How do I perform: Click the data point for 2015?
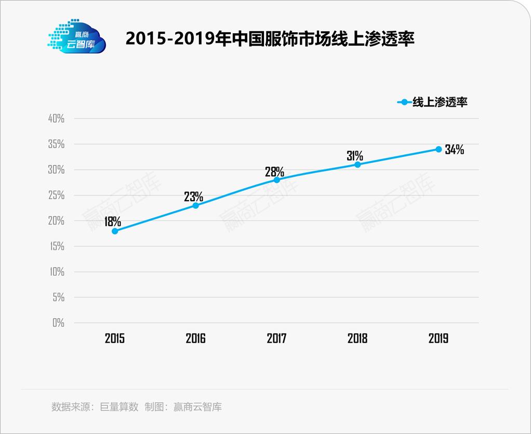[x=115, y=231]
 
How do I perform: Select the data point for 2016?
[x=195, y=205]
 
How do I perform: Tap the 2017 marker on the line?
[x=276, y=180]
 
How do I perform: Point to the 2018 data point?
[x=357, y=164]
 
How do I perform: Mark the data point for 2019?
[x=439, y=149]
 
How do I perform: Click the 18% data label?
[x=112, y=221]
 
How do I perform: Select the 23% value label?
[x=193, y=196]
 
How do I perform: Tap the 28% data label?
[x=274, y=171]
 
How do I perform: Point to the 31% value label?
[x=355, y=155]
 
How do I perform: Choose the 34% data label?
[x=454, y=150]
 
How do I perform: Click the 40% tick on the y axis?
[x=56, y=119]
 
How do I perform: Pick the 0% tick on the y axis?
[x=58, y=323]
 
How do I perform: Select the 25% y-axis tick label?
[x=56, y=195]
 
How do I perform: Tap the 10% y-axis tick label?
[x=56, y=272]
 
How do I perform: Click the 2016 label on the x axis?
[x=195, y=338]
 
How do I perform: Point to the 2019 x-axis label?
[x=439, y=338]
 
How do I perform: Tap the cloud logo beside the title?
[x=76, y=37]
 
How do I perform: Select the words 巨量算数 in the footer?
[x=119, y=407]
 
